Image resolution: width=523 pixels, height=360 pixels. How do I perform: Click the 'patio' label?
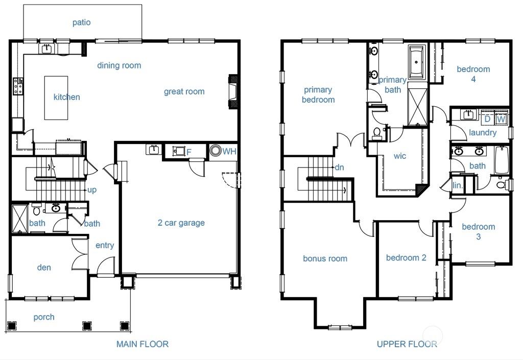click(x=81, y=22)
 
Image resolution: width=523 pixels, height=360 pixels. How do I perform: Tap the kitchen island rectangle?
click(x=56, y=98)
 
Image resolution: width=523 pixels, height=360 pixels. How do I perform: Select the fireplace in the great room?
click(x=233, y=91)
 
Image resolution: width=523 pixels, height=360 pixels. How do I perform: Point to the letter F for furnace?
click(x=188, y=152)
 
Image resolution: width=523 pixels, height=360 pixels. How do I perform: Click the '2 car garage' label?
click(x=181, y=223)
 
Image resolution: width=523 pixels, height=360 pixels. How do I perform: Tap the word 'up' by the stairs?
click(x=92, y=190)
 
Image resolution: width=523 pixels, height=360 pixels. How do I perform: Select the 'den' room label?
click(x=44, y=267)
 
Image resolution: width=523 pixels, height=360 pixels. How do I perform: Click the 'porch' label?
click(x=44, y=317)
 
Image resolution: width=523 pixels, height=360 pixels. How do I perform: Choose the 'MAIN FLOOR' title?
click(x=142, y=344)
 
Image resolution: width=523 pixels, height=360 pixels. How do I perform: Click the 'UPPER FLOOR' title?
click(x=407, y=344)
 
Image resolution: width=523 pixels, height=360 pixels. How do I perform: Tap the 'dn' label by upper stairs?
click(x=339, y=167)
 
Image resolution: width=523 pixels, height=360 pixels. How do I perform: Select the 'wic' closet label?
click(x=400, y=156)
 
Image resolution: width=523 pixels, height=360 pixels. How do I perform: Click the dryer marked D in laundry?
click(x=487, y=119)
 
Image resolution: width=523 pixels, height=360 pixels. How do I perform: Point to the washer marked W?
click(x=501, y=119)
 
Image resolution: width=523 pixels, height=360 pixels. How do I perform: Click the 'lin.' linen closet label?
click(x=458, y=186)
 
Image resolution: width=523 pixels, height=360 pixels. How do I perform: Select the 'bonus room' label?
click(x=325, y=258)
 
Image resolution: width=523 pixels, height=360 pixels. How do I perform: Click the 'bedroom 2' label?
click(x=406, y=258)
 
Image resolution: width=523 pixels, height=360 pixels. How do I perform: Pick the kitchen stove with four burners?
click(x=18, y=86)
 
